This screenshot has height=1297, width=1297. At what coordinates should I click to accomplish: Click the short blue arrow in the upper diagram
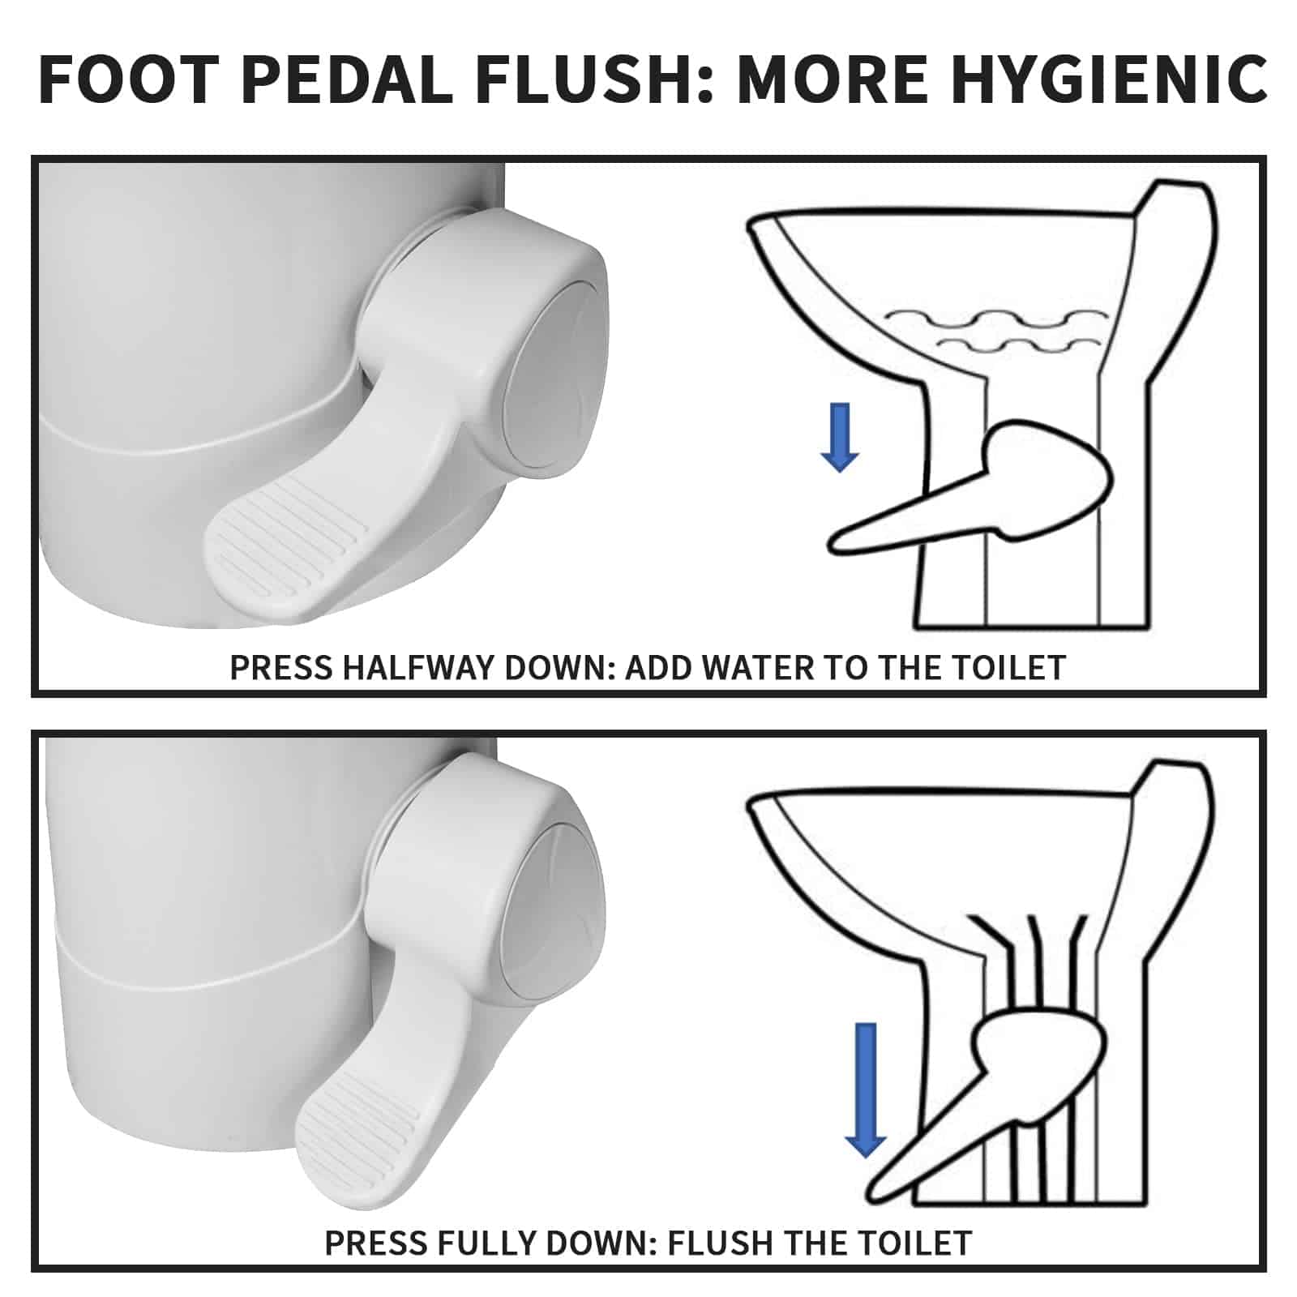coord(839,437)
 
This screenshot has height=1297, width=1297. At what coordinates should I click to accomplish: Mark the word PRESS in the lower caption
coord(373,1242)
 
